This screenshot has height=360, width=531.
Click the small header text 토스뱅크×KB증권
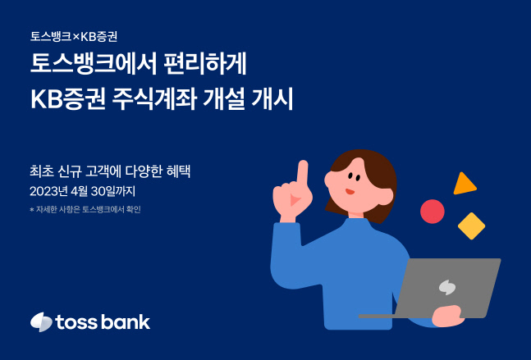79,37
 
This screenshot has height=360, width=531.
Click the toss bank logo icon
41,321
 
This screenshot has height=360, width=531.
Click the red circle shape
432,212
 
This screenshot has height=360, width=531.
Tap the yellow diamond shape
471,226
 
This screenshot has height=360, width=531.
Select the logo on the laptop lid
447,287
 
